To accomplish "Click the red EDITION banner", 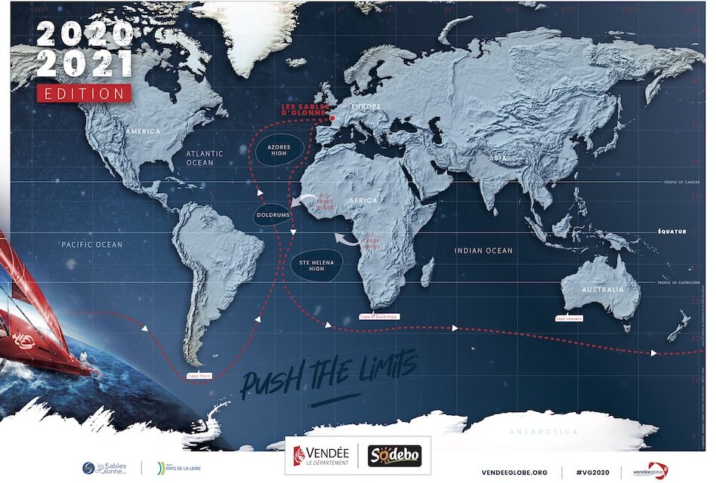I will click(84, 93).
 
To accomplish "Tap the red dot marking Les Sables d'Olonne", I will click(332, 118).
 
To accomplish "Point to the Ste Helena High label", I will click(316, 264).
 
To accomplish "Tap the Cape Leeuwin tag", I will click(569, 318).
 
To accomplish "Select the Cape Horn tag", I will click(199, 376).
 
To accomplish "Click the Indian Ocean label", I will click(483, 251).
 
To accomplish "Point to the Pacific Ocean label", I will click(91, 245).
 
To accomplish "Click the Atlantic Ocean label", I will click(205, 158).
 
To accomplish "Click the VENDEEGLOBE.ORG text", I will click(514, 472).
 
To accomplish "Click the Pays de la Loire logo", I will click(178, 469).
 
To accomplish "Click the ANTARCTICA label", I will click(543, 432).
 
